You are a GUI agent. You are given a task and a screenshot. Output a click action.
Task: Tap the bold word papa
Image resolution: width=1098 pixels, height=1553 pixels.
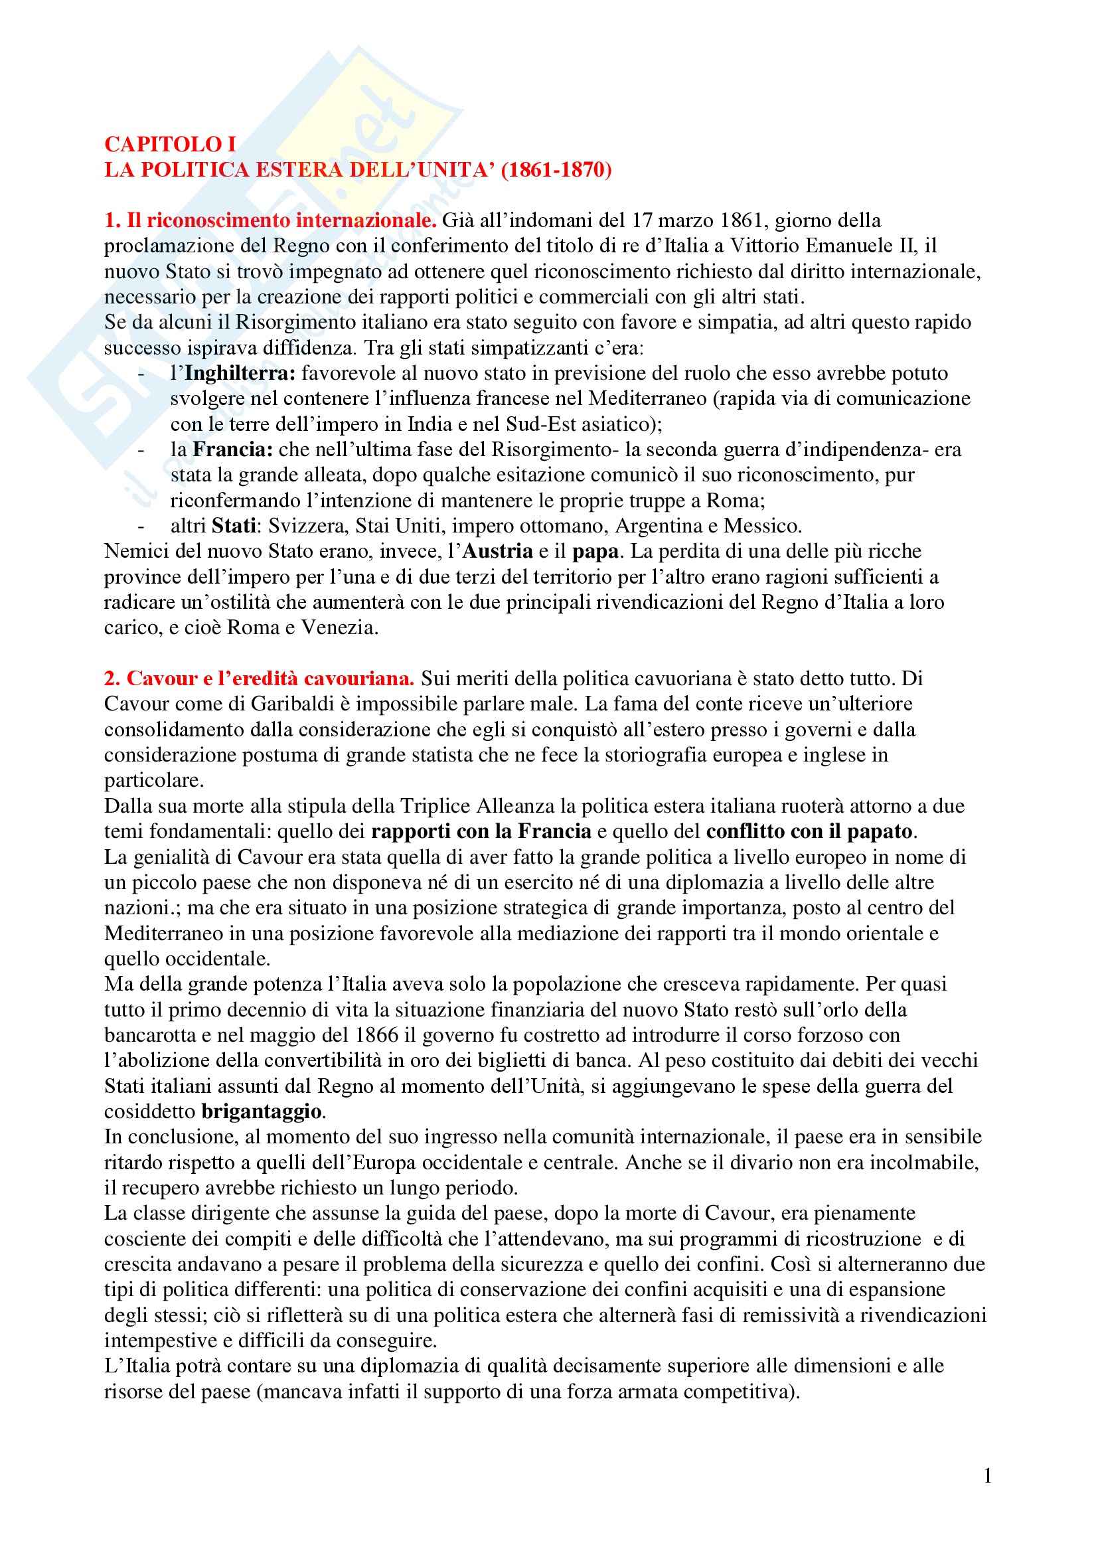[x=595, y=550]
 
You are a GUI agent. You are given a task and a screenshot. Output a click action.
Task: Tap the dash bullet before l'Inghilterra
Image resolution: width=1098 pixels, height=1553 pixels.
[x=141, y=373]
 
